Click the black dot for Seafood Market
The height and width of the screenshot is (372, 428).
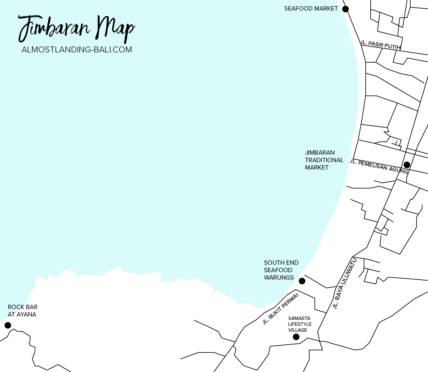tap(345, 9)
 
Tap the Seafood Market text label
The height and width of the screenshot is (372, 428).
tap(311, 9)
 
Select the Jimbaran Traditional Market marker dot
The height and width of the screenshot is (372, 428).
tap(407, 165)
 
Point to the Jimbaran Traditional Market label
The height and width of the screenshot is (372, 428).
tap(324, 160)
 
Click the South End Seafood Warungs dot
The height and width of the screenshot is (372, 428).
tap(302, 281)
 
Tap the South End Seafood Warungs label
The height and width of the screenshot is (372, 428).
tap(281, 270)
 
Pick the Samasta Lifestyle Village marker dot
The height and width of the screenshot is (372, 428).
tap(296, 337)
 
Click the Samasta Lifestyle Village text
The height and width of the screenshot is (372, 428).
tap(300, 324)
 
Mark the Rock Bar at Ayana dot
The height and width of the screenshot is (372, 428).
tap(8, 325)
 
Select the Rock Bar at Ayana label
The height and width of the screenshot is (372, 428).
tap(22, 311)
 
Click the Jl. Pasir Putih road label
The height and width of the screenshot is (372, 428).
tap(380, 45)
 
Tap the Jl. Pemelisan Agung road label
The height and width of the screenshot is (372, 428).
tap(379, 167)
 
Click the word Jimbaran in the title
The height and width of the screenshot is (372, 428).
tap(54, 29)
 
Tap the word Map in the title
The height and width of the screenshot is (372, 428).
tap(115, 29)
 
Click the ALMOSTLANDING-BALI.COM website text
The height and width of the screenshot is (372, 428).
tap(77, 50)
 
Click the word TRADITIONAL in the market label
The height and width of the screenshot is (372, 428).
tap(324, 160)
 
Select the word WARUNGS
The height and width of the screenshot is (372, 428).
tap(279, 277)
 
